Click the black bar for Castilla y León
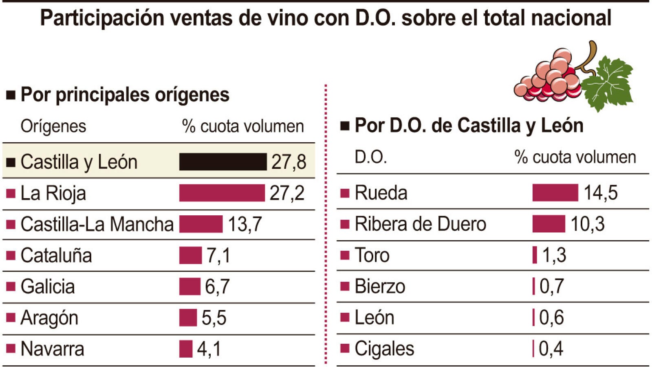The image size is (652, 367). [x=223, y=161]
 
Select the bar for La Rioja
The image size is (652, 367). [x=222, y=193]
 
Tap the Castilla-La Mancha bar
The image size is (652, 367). [x=201, y=224]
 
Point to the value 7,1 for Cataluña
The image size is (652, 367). [x=218, y=255]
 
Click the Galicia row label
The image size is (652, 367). [x=48, y=286]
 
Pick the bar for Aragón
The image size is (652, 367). [x=188, y=318]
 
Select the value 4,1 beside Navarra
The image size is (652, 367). [x=209, y=349]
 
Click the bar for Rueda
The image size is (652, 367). [x=555, y=192]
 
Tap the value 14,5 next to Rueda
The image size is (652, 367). [x=601, y=193]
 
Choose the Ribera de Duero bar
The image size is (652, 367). [x=549, y=224]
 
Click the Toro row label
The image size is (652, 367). [x=372, y=255]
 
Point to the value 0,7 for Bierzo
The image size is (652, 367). [x=552, y=286]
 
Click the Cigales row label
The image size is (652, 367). [x=384, y=349]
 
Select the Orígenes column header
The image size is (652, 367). [x=53, y=126]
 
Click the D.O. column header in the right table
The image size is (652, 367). [x=370, y=157]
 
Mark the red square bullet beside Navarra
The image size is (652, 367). [x=11, y=348]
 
